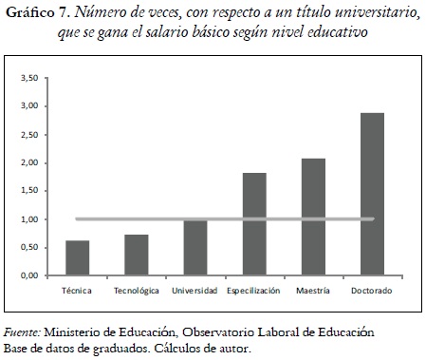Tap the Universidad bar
194,247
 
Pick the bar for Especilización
254,224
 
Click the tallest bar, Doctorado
372,194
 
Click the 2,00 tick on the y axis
31,162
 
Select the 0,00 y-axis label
31,275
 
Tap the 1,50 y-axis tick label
31,191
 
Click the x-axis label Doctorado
372,290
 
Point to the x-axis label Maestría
313,290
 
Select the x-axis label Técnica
77,290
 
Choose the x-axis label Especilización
253,290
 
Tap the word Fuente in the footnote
22,333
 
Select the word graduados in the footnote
113,349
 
